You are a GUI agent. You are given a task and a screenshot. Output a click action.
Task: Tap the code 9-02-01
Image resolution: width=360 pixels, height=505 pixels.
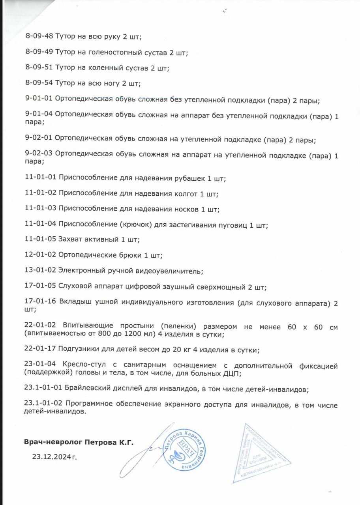coord(39,140)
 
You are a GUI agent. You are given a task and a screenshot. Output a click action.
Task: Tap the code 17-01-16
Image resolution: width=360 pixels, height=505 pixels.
coord(40,303)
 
